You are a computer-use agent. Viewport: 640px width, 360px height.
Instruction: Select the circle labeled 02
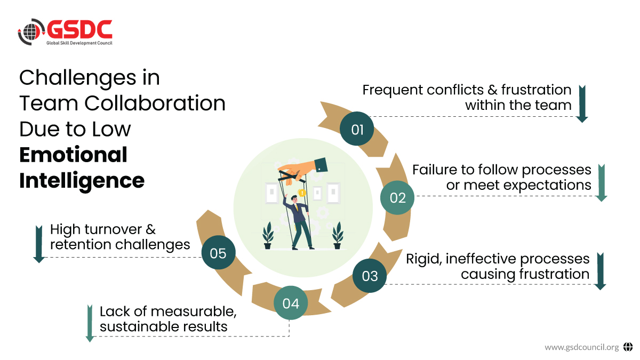pos(398,198)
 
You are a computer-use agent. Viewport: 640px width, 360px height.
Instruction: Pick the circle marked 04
pos(291,303)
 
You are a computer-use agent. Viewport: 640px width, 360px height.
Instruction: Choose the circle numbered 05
pos(218,253)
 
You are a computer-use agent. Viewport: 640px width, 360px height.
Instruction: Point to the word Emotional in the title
pos(73,155)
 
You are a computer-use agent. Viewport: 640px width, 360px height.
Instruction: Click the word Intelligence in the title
pos(82,180)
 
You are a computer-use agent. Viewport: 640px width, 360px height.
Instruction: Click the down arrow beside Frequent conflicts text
pos(582,103)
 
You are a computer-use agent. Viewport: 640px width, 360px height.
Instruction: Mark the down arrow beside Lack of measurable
pos(90,323)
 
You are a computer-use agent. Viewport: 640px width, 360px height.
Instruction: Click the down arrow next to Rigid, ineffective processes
pos(600,271)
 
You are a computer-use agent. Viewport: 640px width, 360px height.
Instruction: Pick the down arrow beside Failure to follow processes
pos(602,182)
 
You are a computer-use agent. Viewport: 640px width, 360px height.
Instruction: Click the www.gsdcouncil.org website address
pos(581,347)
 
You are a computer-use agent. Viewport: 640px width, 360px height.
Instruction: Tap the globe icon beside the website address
pos(627,347)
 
